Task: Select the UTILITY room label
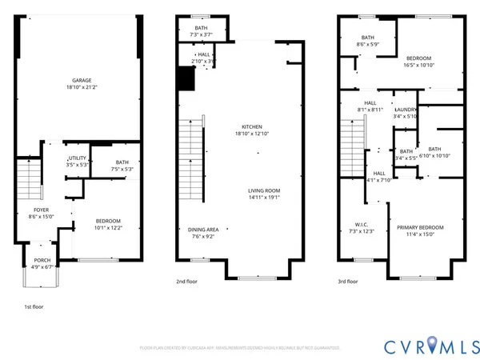(x=77, y=158)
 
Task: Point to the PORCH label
(x=41, y=262)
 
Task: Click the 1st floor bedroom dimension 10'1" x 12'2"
(x=108, y=228)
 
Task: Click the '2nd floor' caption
(x=185, y=282)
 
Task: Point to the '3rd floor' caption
(x=346, y=282)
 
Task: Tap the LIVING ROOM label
(x=263, y=190)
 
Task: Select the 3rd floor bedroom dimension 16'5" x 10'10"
(x=418, y=65)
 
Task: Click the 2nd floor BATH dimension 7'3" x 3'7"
(x=201, y=34)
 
